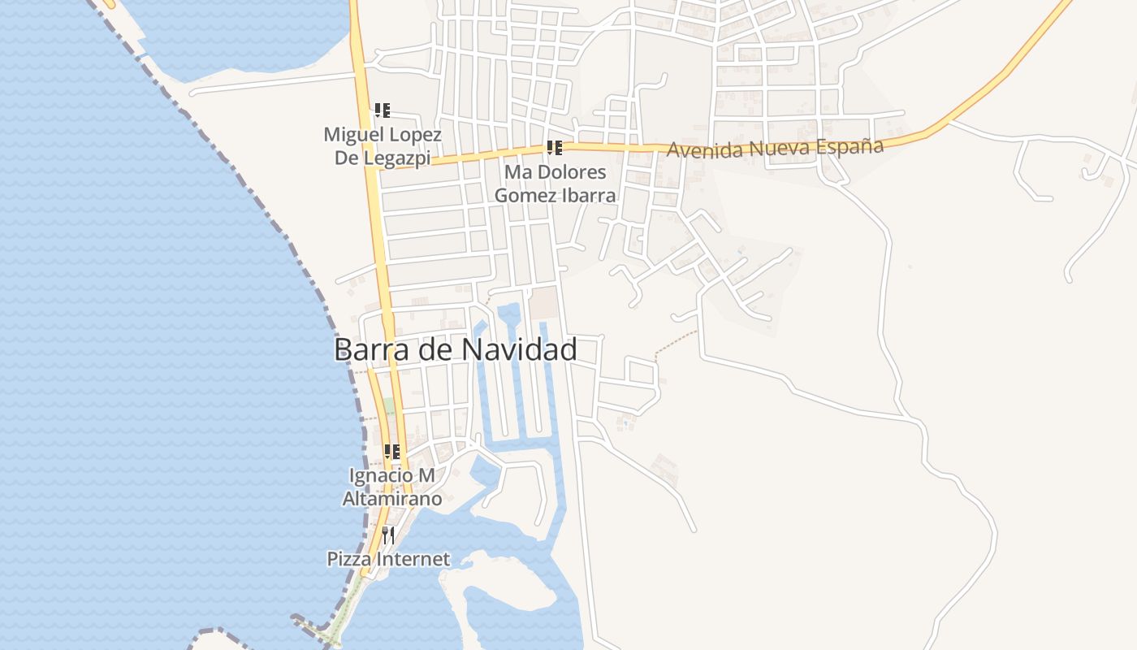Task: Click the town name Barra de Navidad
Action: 456,349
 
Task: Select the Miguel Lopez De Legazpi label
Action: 383,145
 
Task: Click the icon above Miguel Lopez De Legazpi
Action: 383,110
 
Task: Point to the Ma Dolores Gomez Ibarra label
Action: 555,184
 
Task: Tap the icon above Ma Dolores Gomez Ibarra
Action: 555,148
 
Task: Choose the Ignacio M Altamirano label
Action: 392,486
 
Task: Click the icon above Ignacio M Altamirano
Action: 392,451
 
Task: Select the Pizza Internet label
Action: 388,559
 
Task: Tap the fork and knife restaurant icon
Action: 388,535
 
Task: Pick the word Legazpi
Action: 394,158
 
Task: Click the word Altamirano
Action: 392,498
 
